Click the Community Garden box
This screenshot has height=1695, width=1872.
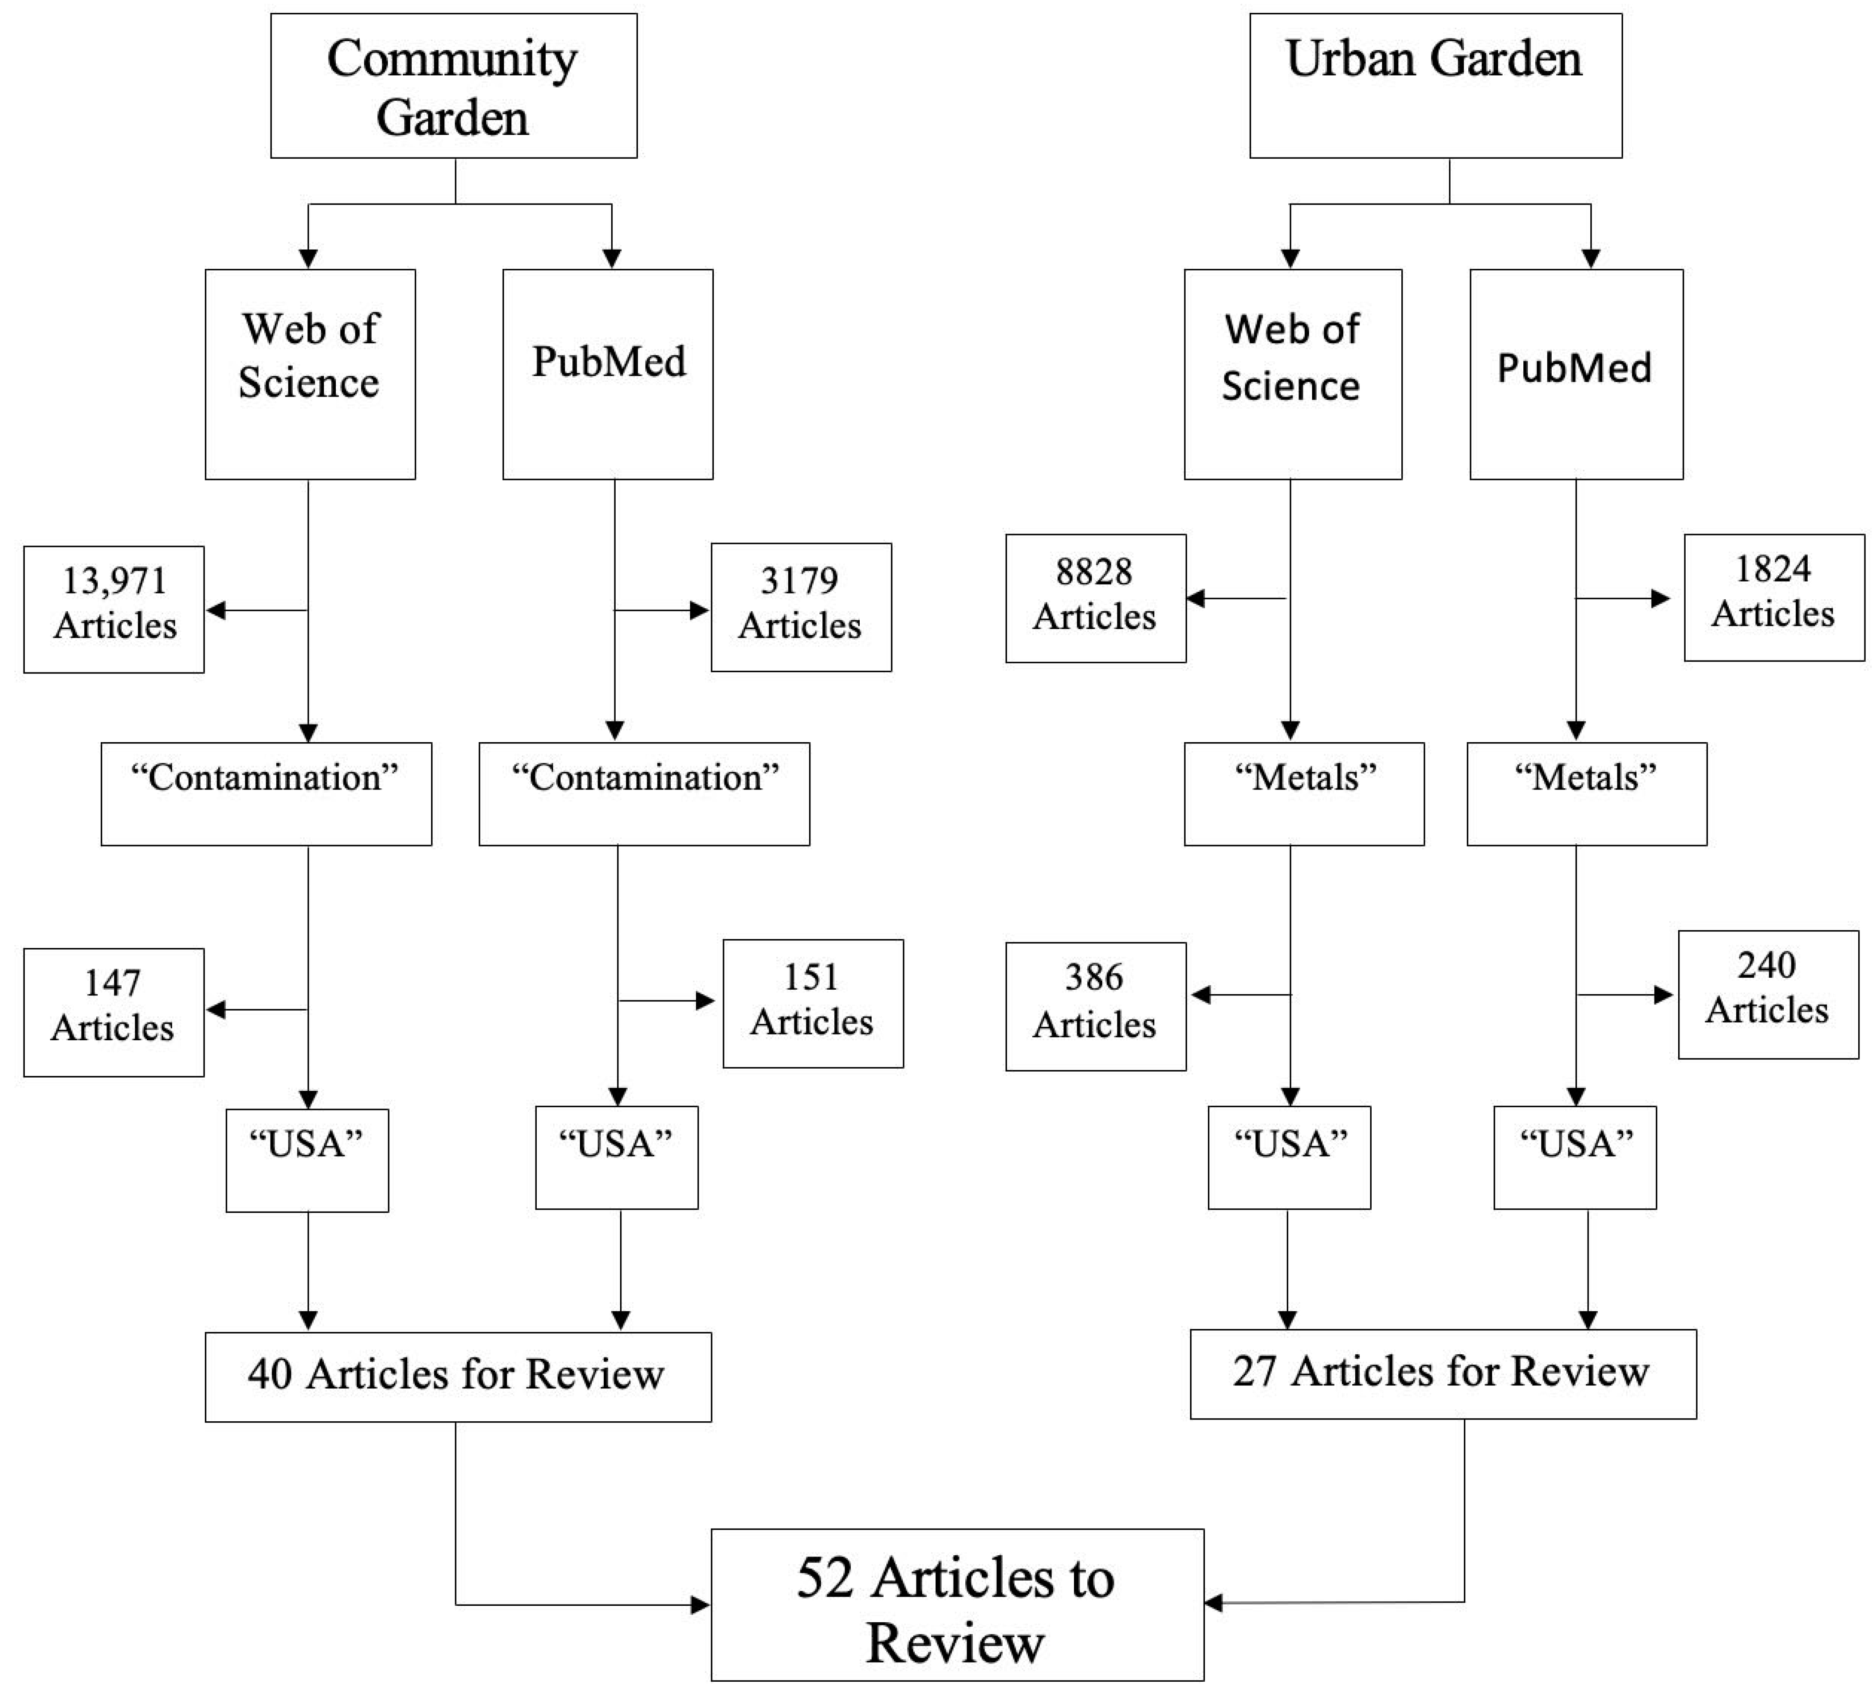[x=453, y=86]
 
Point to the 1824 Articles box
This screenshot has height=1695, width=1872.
[x=1774, y=597]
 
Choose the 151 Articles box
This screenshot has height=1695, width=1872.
[x=813, y=1003]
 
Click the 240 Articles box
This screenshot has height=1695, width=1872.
[x=1767, y=994]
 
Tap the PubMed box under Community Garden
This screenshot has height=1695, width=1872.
[x=608, y=374]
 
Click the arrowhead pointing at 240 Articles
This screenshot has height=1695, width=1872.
[x=1663, y=995]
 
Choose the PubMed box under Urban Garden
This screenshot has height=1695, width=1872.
[x=1576, y=374]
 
